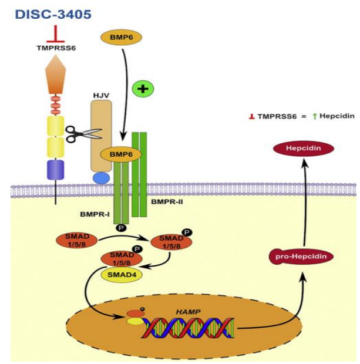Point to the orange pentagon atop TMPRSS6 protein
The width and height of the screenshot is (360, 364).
[x=55, y=76]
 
